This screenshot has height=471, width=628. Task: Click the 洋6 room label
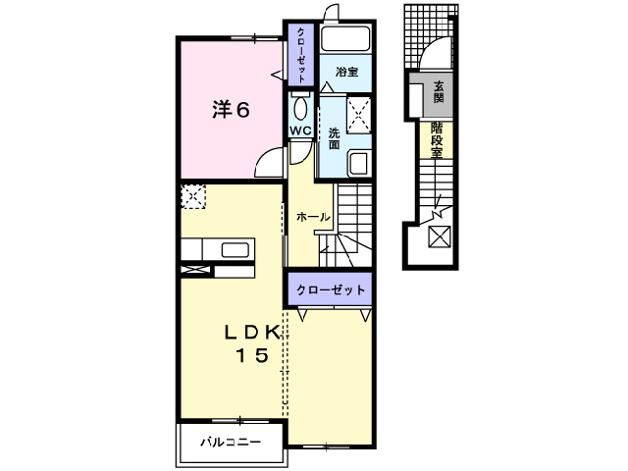[x=232, y=110]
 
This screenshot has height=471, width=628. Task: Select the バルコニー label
[x=232, y=442]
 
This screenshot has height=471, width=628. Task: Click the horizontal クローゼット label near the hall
[x=332, y=289]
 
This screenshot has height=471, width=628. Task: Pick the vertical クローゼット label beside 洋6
[x=301, y=53]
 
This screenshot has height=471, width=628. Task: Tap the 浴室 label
[x=345, y=73]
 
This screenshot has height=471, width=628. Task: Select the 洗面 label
[x=334, y=138]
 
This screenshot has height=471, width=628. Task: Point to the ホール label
[x=312, y=217]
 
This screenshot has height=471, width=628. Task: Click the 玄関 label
[x=438, y=92]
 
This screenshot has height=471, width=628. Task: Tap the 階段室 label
[x=437, y=139]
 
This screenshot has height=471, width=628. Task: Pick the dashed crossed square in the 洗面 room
[x=358, y=115]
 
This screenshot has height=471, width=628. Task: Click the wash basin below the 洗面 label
[x=358, y=164]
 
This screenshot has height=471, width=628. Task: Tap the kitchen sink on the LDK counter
[x=235, y=248]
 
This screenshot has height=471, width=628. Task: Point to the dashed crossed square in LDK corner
[x=193, y=197]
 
